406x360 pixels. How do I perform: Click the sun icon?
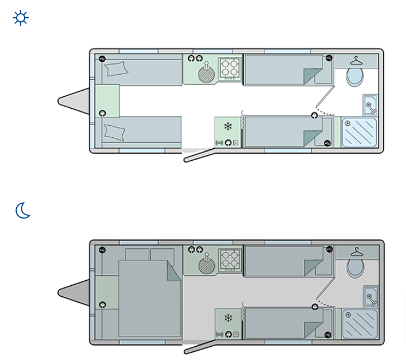pos(21,18)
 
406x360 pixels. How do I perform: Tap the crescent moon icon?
pos(23,211)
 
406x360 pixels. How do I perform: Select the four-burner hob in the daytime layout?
pos(230,68)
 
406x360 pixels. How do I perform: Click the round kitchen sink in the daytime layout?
pos(206,75)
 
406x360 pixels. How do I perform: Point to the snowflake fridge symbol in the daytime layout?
pos(227,126)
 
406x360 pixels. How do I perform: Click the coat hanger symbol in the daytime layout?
pos(358,60)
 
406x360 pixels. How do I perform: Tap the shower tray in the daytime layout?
pos(359,133)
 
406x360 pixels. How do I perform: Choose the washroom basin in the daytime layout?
pos(370,105)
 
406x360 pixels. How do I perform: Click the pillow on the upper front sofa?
pos(117,69)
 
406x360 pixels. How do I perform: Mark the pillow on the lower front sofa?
pos(115,131)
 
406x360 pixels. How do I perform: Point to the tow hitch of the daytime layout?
pos(72,101)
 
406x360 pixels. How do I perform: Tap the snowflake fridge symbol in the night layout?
pos(227,318)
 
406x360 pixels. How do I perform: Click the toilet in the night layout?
pos(354,268)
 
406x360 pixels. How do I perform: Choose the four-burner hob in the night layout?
pos(230,259)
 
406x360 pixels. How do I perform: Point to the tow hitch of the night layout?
pos(72,292)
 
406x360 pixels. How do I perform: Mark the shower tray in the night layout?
pos(359,324)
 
